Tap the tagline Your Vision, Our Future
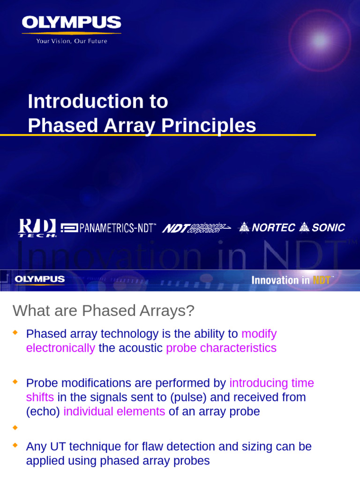72,41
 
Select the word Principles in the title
209,126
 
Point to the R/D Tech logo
37,228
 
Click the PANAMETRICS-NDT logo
108,228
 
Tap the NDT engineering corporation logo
196,228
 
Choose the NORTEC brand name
267,228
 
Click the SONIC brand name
322,228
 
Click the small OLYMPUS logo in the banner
40,279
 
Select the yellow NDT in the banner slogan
322,280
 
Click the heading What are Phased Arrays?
104,310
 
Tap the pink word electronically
60,348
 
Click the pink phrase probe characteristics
221,348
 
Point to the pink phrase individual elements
114,412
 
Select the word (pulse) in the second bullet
188,397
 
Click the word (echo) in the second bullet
43,412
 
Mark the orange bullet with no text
15,427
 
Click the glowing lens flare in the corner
320,40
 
